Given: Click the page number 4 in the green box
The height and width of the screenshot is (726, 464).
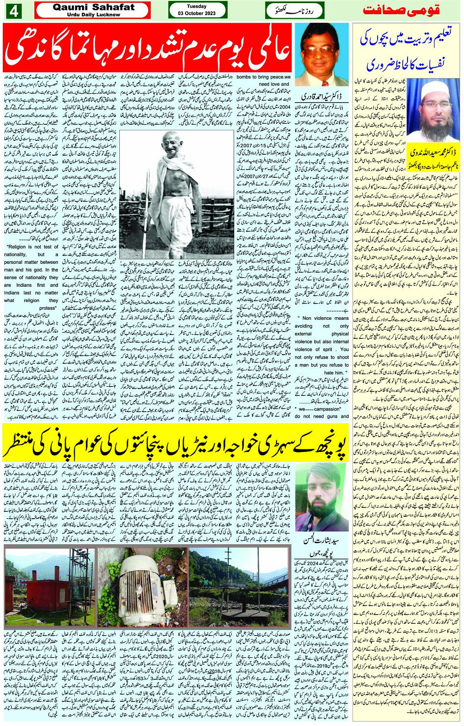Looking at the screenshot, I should pos(13,11).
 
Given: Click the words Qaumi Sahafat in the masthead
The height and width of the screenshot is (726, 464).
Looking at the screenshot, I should pos(93,7).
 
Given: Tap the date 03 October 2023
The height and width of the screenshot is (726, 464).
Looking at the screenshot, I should pos(197,13).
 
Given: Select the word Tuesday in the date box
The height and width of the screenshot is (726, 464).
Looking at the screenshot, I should pos(196,6).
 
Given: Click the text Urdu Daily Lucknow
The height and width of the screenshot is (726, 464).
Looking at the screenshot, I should pos(93,15).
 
